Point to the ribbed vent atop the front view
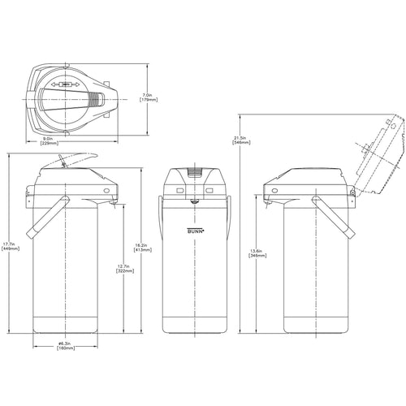tap(195, 171)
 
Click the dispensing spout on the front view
tap(195, 204)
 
